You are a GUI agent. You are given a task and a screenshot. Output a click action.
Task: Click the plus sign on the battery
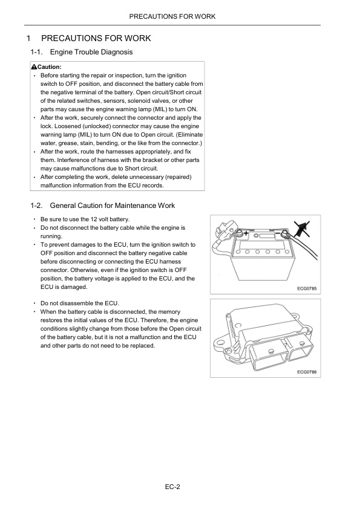pyautogui.click(x=246, y=233)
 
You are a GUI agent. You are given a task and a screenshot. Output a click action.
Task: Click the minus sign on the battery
pyautogui.click(x=278, y=233)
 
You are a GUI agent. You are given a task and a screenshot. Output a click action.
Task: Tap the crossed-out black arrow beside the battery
pyautogui.click(x=302, y=229)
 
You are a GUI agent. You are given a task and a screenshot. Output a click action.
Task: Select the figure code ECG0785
pyautogui.click(x=307, y=288)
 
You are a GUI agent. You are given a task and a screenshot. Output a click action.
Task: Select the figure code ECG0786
pyautogui.click(x=307, y=372)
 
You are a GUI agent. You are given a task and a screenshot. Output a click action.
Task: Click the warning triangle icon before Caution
pyautogui.click(x=34, y=67)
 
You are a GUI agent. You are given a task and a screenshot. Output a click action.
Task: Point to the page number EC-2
pyautogui.click(x=172, y=487)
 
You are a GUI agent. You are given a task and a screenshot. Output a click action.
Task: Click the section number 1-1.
pyautogui.click(x=37, y=52)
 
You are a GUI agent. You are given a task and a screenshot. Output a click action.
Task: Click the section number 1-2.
pyautogui.click(x=37, y=206)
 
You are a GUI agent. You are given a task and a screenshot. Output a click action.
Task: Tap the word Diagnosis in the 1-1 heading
pyautogui.click(x=117, y=52)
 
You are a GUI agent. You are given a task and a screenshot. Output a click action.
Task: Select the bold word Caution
pyautogui.click(x=50, y=67)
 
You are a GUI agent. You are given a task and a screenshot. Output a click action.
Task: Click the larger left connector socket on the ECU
pyautogui.click(x=269, y=357)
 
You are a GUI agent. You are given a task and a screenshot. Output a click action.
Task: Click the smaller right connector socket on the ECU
pyautogui.click(x=301, y=349)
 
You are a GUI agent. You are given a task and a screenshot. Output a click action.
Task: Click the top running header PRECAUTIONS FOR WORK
pyautogui.click(x=172, y=16)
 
